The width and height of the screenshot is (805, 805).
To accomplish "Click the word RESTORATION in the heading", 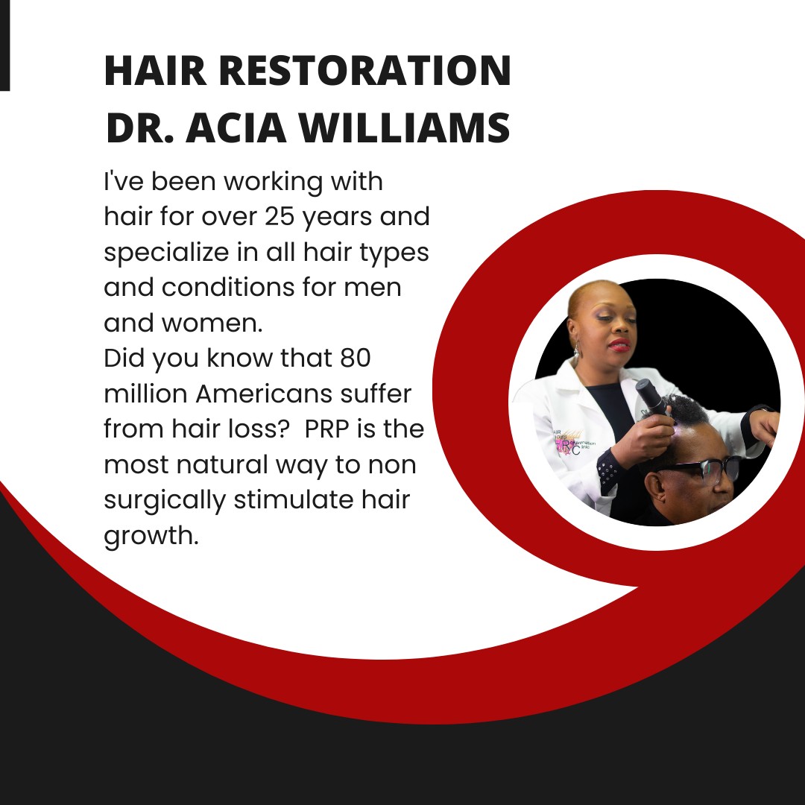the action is pos(365,70).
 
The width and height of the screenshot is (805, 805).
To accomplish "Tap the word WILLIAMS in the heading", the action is pos(405,127).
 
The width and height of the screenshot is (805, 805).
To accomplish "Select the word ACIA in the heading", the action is pos(236,127).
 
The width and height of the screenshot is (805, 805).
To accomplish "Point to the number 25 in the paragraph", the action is pos(280,217).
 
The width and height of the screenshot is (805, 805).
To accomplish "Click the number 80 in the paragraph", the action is pos(355,358).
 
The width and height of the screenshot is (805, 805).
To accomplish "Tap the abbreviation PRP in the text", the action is pos(326,429).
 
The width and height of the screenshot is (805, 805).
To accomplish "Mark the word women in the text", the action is pos(212,323).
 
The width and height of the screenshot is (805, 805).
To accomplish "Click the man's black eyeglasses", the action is pos(704,469).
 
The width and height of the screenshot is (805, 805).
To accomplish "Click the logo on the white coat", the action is pos(573,441).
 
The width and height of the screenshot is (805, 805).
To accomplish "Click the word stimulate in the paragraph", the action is pos(294,499).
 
